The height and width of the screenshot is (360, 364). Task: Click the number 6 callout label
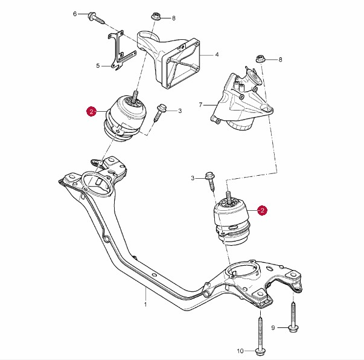click(75, 13)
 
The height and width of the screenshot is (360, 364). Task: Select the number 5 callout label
click(97, 66)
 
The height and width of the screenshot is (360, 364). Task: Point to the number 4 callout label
click(217, 55)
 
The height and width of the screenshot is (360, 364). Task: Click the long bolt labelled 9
click(293, 317)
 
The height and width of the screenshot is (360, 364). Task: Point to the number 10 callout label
click(240, 351)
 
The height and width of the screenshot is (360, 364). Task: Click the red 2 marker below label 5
click(91, 111)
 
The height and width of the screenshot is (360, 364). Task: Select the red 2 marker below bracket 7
click(262, 210)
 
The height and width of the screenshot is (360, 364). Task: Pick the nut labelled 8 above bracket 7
click(261, 59)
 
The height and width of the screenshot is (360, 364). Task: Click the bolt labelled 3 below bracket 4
click(161, 112)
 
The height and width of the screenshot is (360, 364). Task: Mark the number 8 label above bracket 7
click(280, 59)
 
